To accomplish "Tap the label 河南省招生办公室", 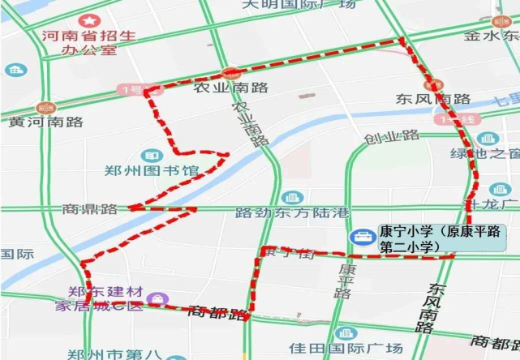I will [x=89, y=44].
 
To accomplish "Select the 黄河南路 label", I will [x=46, y=122].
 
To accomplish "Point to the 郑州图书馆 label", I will [x=152, y=171].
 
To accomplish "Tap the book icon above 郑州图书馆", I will [x=150, y=155].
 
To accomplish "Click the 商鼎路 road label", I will [x=89, y=209].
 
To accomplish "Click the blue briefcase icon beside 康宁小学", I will [x=361, y=236].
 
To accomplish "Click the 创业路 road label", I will [x=391, y=136].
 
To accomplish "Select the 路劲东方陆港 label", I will [x=292, y=213].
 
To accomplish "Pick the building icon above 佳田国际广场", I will [x=345, y=333].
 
